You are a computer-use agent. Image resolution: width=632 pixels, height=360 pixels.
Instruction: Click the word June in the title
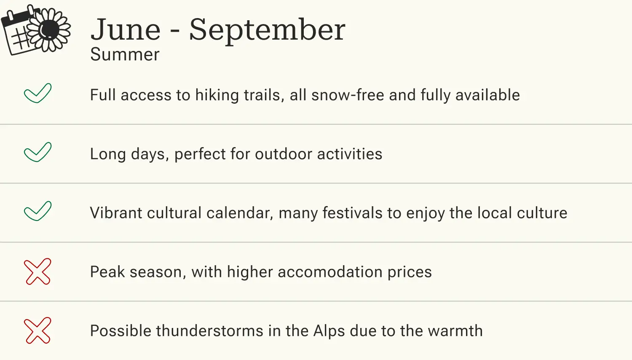pyautogui.click(x=126, y=30)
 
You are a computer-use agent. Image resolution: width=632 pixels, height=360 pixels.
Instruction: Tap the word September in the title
pyautogui.click(x=267, y=30)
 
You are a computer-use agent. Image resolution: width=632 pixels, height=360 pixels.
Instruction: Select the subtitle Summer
pyautogui.click(x=125, y=55)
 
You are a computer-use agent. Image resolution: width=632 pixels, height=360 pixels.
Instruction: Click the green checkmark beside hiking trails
pyautogui.click(x=37, y=93)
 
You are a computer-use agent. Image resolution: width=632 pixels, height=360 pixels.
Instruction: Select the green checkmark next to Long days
pyautogui.click(x=37, y=152)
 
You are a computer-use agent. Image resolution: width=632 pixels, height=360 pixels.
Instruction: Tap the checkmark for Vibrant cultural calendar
pyautogui.click(x=37, y=211)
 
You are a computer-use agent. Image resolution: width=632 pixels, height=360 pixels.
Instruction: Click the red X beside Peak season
pyautogui.click(x=37, y=271)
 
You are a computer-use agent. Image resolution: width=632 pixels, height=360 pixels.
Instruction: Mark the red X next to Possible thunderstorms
pyautogui.click(x=37, y=330)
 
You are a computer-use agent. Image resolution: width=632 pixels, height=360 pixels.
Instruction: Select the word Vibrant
pyautogui.click(x=116, y=213)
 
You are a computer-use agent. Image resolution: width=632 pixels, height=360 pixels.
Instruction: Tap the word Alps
pyautogui.click(x=329, y=332)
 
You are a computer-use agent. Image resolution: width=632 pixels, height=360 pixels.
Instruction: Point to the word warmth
pyautogui.click(x=455, y=331)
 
